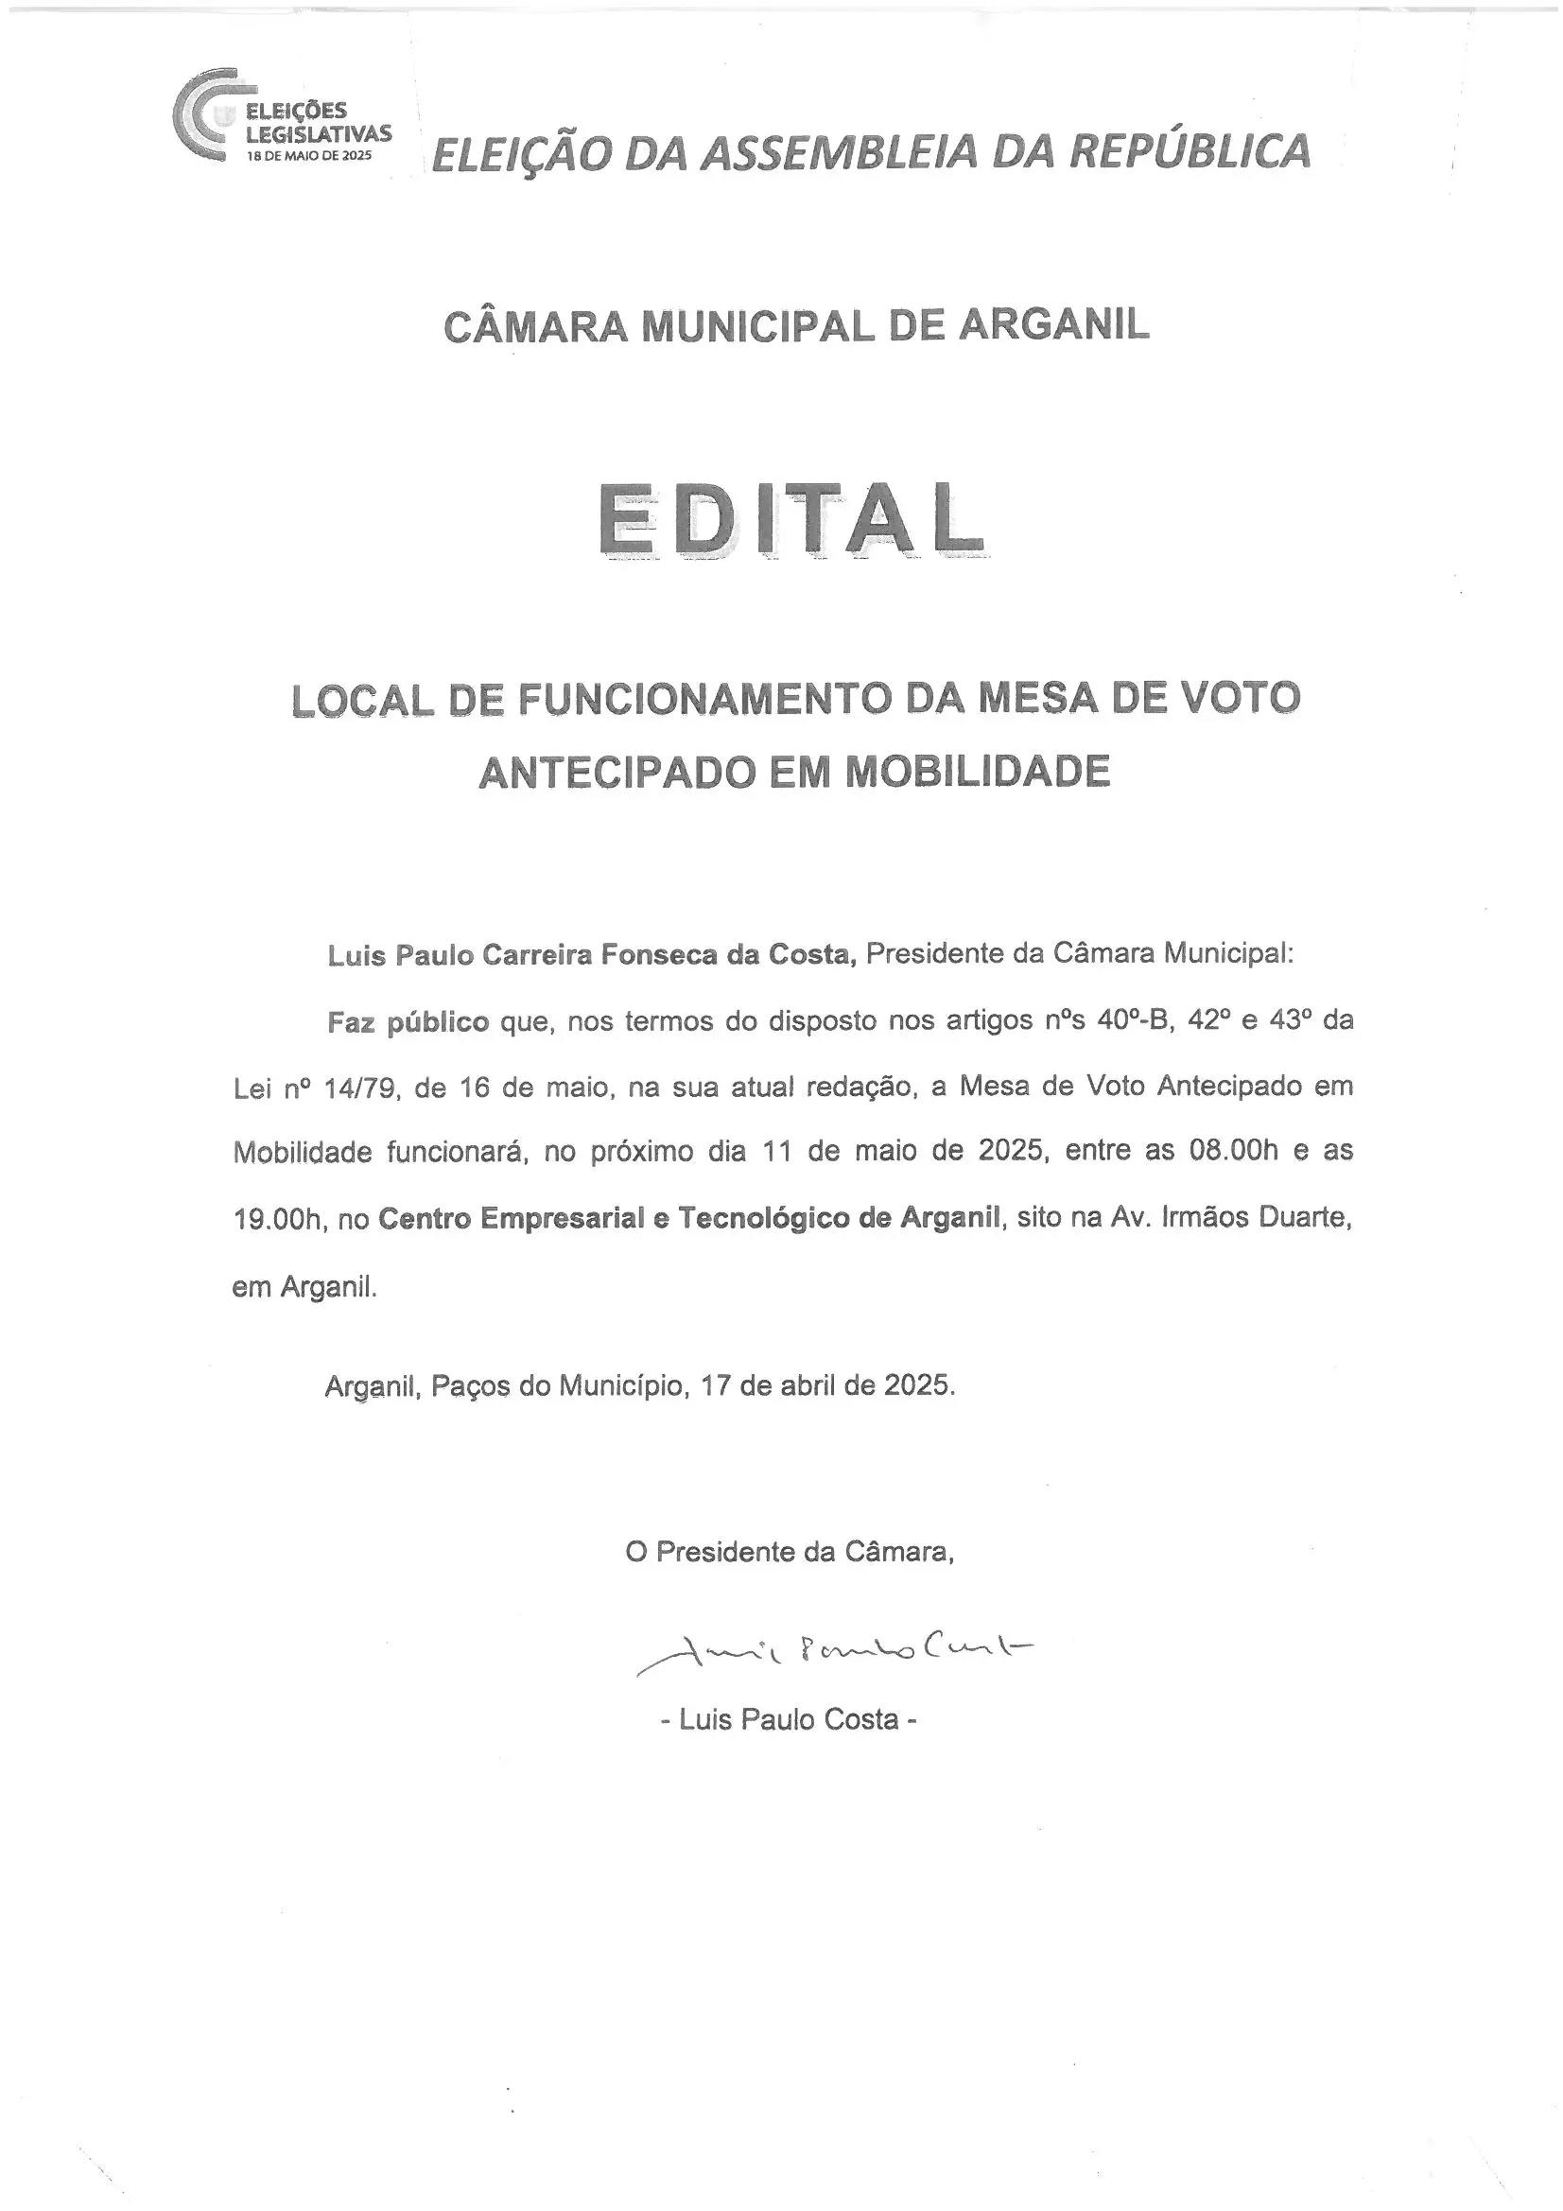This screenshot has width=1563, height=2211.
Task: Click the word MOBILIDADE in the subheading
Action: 978,772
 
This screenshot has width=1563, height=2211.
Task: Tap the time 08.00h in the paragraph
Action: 1234,1151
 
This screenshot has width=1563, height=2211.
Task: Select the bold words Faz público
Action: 408,1021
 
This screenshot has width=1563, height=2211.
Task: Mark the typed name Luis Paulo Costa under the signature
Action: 789,1720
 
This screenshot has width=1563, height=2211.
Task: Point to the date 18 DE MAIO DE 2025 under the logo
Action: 309,155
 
